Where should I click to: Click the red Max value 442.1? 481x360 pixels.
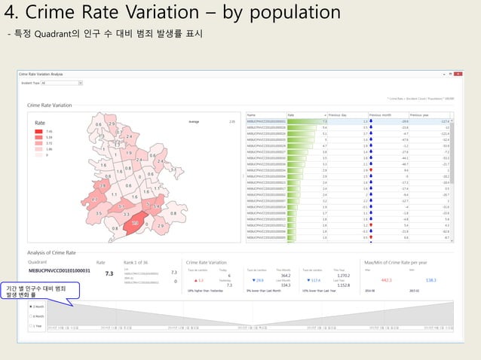click(386, 279)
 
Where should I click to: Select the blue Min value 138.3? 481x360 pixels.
click(430, 279)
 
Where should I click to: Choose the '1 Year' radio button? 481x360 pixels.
click(29, 327)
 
